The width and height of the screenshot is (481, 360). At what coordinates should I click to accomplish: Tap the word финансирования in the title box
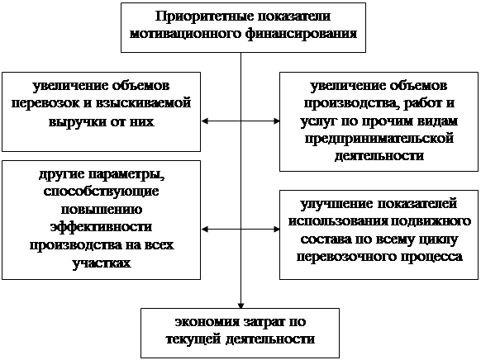(x=301, y=33)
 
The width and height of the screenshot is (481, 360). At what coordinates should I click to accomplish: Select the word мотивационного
(x=185, y=33)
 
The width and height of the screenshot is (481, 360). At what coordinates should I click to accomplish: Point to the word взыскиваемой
(x=143, y=103)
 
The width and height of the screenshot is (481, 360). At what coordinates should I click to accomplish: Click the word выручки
(x=77, y=121)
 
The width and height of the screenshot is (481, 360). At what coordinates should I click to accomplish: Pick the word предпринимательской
(x=379, y=139)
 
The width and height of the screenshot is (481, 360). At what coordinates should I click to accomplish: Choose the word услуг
(x=318, y=121)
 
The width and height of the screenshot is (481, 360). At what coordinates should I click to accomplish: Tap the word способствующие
(x=101, y=192)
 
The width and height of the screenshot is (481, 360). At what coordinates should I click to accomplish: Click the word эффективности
(x=101, y=227)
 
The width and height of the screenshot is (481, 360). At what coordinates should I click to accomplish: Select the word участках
(x=102, y=263)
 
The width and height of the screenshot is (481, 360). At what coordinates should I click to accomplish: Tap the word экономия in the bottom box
(x=207, y=322)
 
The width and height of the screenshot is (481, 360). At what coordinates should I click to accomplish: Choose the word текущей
(x=193, y=339)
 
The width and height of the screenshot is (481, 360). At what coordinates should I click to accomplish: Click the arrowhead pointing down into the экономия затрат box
(x=240, y=306)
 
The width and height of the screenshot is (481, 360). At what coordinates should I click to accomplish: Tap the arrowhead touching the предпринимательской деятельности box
(x=276, y=121)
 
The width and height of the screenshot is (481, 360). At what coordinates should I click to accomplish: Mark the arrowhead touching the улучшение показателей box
(x=276, y=230)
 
